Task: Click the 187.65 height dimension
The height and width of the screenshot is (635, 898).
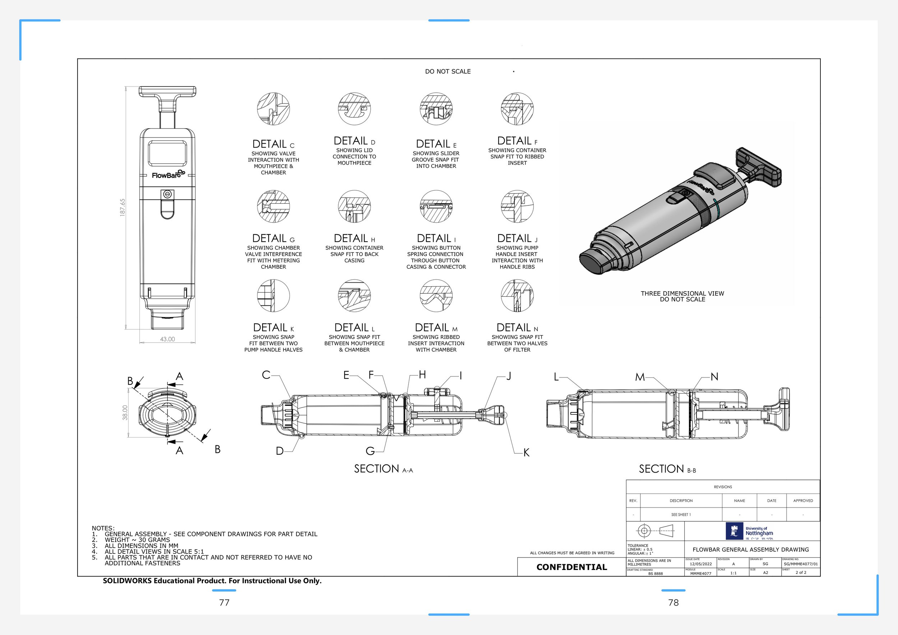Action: tap(123, 207)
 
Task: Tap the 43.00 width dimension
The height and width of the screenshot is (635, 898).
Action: tap(167, 339)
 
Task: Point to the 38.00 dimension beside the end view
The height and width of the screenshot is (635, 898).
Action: tap(125, 413)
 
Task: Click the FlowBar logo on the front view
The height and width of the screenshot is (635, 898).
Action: tap(168, 175)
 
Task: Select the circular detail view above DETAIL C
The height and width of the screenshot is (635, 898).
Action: tap(273, 109)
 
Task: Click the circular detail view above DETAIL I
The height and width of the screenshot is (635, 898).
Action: tap(436, 207)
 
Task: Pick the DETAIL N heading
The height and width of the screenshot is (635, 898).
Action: tap(517, 328)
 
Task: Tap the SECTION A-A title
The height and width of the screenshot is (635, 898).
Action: tap(383, 469)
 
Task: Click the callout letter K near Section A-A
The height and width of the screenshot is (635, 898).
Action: tap(526, 453)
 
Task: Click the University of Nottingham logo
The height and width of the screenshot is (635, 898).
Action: tap(750, 531)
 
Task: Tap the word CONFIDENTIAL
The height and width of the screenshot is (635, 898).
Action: tap(571, 567)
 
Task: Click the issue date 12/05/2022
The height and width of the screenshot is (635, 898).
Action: tap(700, 564)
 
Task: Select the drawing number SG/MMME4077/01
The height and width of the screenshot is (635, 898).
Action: tap(800, 564)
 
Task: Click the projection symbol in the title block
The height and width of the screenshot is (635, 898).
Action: tap(655, 530)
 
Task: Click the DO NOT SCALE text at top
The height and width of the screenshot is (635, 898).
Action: tap(448, 71)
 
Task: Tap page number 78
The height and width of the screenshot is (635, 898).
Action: tap(673, 603)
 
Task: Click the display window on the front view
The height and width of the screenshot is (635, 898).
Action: tap(167, 154)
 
